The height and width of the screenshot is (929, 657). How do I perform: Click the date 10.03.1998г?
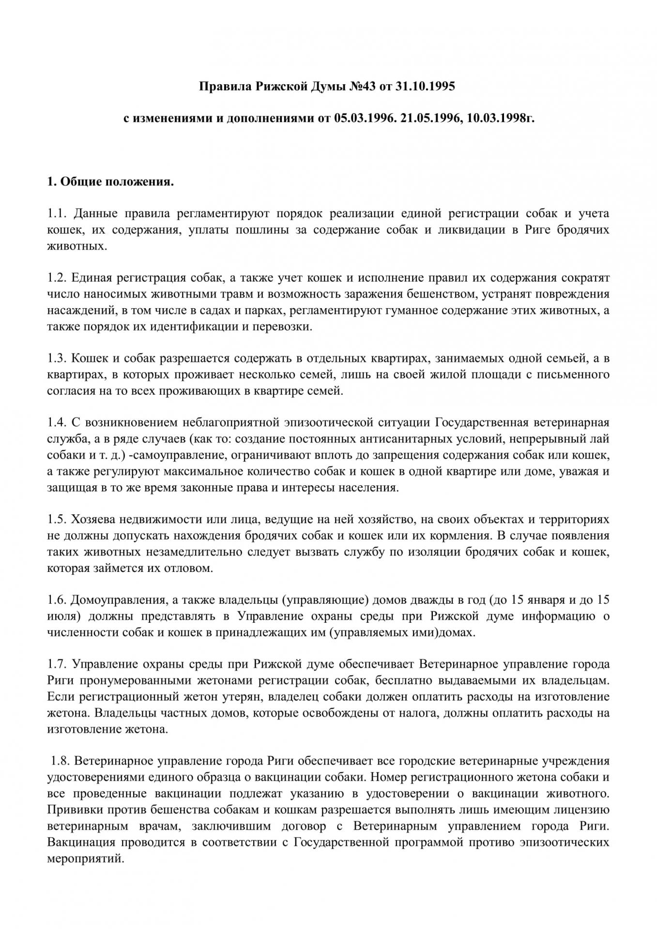(499, 119)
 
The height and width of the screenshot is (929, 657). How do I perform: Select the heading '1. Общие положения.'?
(110, 182)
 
